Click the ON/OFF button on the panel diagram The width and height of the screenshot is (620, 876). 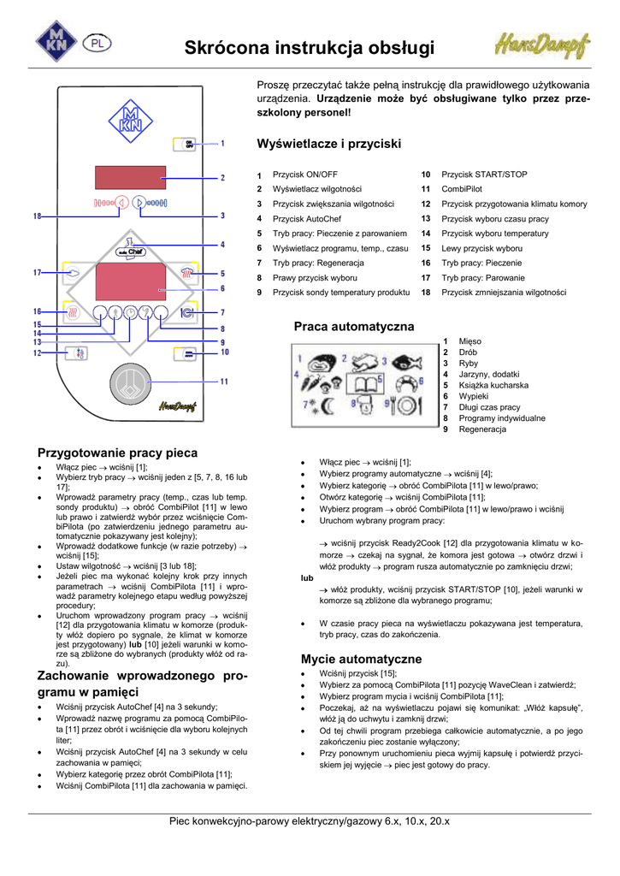pos(189,143)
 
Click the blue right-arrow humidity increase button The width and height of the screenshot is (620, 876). pos(140,203)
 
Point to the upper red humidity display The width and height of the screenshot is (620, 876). pos(130,178)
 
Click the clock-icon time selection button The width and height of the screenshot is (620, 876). pos(130,312)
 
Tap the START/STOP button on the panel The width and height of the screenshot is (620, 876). pos(189,352)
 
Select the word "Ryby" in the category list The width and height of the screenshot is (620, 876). pos(469,364)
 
